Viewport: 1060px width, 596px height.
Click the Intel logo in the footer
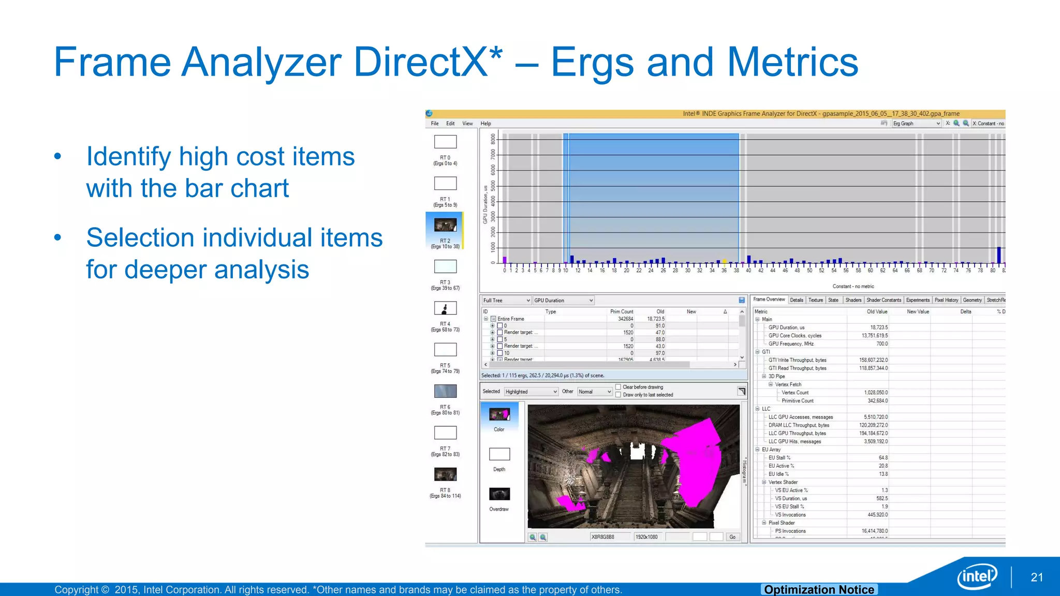(x=977, y=576)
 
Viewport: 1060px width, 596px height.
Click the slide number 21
(x=1037, y=577)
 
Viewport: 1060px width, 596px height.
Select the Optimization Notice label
(x=819, y=590)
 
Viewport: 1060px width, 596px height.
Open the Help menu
(x=485, y=124)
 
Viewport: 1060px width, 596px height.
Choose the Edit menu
(x=450, y=124)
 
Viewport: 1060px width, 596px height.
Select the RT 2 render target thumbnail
(x=445, y=225)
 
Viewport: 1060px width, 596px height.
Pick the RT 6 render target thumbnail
(x=445, y=391)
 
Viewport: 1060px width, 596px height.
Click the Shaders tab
(x=853, y=300)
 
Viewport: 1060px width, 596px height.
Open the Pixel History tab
(x=946, y=300)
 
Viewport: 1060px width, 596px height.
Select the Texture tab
(x=816, y=300)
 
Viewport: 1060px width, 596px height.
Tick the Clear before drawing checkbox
(x=618, y=387)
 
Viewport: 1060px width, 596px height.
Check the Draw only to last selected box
(x=618, y=395)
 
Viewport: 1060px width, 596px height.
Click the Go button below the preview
(x=732, y=537)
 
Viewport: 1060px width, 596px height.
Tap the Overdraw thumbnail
(x=499, y=494)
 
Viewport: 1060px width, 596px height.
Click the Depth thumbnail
(x=499, y=454)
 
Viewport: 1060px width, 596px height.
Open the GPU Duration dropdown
(x=563, y=301)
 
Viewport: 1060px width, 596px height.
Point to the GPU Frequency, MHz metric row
(x=791, y=344)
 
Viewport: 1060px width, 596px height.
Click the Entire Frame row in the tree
(x=511, y=319)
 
